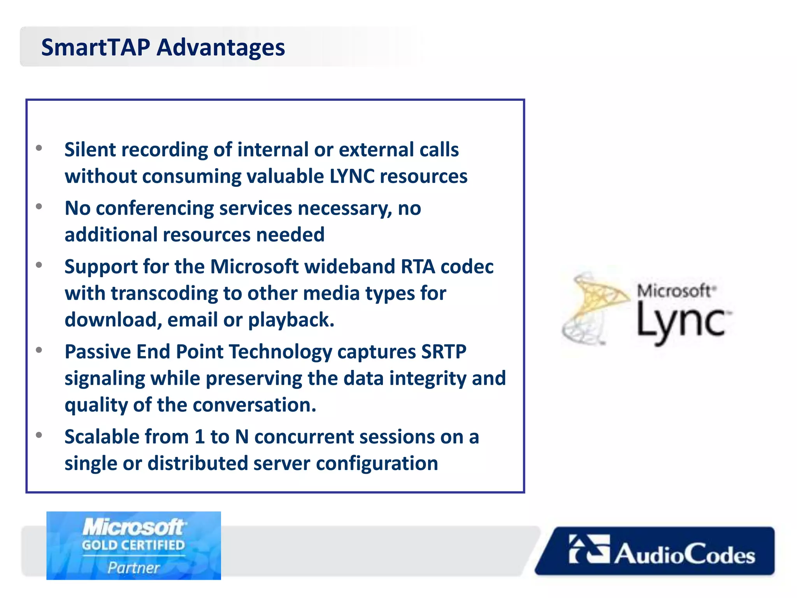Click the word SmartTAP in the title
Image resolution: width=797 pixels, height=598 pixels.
pos(95,47)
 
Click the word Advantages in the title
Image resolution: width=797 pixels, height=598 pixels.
pos(221,47)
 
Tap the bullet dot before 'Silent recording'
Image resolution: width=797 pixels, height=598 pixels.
pos(39,148)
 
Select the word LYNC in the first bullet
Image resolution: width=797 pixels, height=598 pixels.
pos(352,176)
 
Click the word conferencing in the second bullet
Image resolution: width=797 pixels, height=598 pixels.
pos(155,208)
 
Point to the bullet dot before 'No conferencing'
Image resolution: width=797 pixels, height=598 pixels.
pos(39,206)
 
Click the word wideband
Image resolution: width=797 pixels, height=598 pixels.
pos(349,267)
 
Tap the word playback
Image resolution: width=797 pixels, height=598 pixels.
pos(291,320)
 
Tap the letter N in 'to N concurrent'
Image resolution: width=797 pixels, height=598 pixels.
pos(242,437)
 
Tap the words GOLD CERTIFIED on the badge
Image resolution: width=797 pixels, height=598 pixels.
pos(133,545)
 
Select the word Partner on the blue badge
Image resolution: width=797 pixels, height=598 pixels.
pos(133,568)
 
